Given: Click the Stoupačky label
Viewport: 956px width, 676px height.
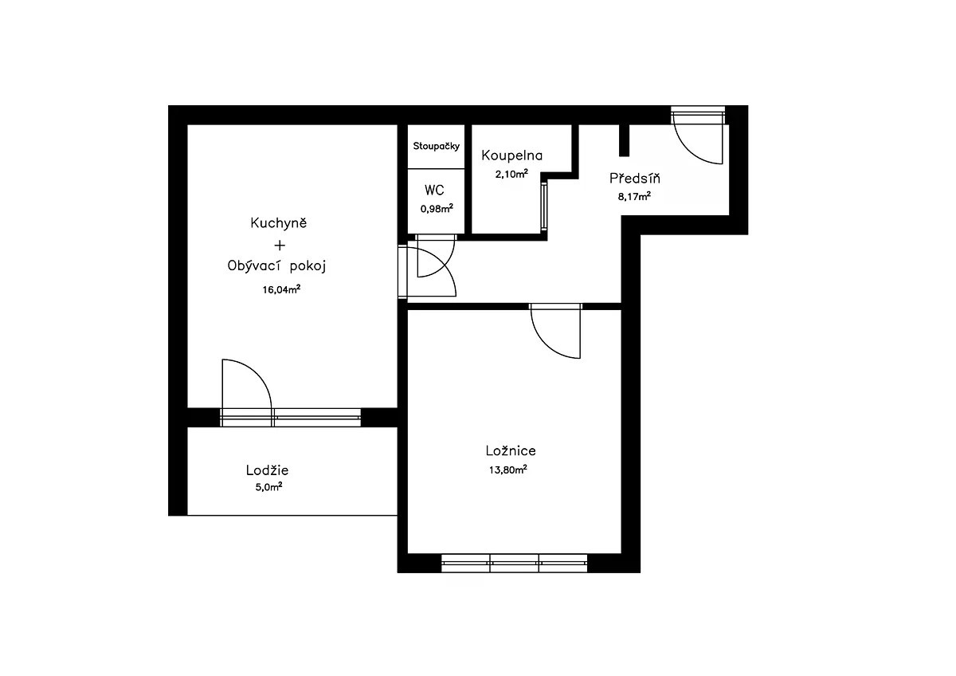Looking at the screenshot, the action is coord(437,147).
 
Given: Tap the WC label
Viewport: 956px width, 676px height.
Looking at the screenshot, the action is coord(434,190).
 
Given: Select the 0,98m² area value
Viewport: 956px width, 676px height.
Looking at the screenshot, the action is coord(437,208).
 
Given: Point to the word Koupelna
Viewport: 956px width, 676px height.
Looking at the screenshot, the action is coord(511,155).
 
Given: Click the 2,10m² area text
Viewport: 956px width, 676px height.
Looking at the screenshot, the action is coord(511,174).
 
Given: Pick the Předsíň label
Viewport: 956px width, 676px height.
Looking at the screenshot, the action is coord(635,178).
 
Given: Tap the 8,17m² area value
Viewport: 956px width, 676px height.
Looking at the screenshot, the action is coord(634,196).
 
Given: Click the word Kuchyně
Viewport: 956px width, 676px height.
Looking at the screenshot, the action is coord(279,222).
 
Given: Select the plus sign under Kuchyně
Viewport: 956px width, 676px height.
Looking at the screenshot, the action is coord(280,245).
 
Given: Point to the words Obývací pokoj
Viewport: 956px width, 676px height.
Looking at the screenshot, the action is coord(276,266).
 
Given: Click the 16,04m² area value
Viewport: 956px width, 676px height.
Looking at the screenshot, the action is coord(281,290).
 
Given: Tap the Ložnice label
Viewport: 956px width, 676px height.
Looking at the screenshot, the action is coord(511,450).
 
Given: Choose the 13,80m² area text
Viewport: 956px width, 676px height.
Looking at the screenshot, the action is coord(508,470).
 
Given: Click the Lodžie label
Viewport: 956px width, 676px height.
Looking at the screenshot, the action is coord(267,470).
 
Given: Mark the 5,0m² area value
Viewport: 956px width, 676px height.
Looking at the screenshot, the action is coord(269,487).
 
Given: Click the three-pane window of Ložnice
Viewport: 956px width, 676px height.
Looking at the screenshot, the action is coord(515,564).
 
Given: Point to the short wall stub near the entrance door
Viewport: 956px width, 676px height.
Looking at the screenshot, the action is coord(624,140).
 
